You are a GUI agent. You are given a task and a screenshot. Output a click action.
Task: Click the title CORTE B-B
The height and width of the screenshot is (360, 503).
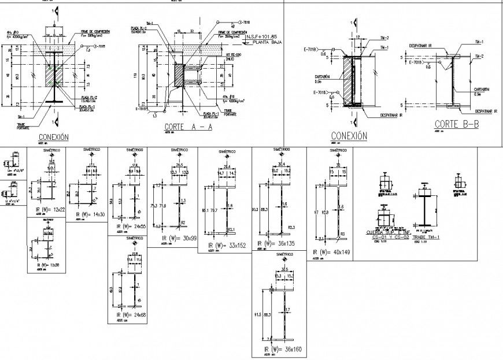coord(457,124)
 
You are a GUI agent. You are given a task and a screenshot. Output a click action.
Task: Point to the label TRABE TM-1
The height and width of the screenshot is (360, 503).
coord(426,237)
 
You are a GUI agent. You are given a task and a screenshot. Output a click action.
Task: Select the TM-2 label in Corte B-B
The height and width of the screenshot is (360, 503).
coord(478,56)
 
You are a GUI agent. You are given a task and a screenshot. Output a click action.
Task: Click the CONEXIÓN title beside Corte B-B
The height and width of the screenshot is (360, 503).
coord(349,136)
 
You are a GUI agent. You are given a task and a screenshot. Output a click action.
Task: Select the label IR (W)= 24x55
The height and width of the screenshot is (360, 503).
coord(131,227)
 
